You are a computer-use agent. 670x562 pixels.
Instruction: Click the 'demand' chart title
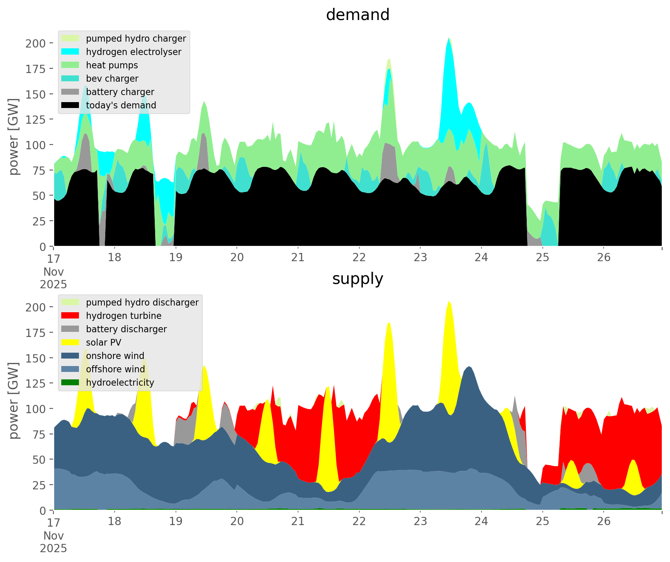(357, 15)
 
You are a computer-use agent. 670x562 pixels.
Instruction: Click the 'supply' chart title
(357, 279)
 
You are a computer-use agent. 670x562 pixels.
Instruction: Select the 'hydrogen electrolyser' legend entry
(134, 52)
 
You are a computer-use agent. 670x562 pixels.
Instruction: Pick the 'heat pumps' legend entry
(112, 65)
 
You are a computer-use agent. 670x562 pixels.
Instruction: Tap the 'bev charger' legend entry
(112, 79)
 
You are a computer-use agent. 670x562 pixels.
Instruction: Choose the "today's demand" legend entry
(121, 105)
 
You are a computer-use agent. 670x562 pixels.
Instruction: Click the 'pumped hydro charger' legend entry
(136, 38)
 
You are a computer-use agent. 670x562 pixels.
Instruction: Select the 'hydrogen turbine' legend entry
(124, 316)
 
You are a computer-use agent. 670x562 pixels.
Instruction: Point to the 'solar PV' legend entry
(104, 342)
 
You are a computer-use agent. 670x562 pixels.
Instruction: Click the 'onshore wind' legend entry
(115, 356)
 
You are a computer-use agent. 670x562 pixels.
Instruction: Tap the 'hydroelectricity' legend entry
(120, 383)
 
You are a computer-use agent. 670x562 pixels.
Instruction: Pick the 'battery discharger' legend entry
(126, 329)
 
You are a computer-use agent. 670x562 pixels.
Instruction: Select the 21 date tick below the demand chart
(298, 258)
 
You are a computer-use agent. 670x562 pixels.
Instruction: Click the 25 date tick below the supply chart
(542, 522)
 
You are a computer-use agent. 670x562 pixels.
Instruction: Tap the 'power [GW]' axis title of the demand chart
(14, 136)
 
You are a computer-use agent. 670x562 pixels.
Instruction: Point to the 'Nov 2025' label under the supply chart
(53, 542)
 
